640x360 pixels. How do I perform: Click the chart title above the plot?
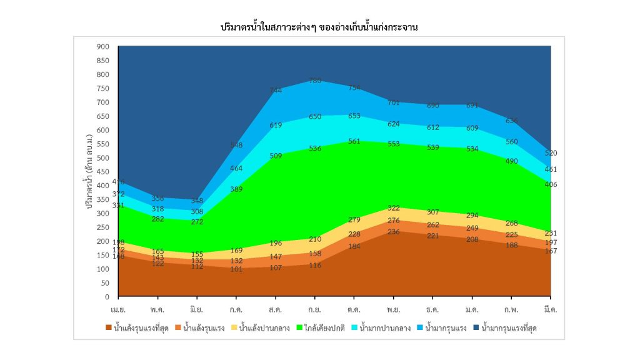pyautogui.click(x=319, y=27)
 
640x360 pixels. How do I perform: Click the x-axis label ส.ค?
pyautogui.click(x=276, y=309)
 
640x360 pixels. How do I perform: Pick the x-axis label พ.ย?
pyautogui.click(x=394, y=309)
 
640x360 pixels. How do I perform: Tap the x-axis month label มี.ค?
pyautogui.click(x=550, y=309)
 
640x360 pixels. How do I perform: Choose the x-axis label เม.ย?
pyautogui.click(x=119, y=309)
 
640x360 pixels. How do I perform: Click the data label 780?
pyautogui.click(x=316, y=81)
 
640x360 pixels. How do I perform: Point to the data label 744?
pyautogui.click(x=276, y=91)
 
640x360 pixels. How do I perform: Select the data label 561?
pyautogui.click(x=355, y=141)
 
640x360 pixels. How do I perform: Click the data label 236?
pyautogui.click(x=394, y=231)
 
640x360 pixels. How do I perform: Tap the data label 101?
pyautogui.click(x=237, y=269)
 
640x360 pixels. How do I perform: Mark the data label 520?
pyautogui.click(x=551, y=153)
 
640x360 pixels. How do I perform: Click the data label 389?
pyautogui.click(x=237, y=189)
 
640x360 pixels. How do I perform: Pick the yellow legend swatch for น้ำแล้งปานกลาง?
pyautogui.click(x=234, y=327)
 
